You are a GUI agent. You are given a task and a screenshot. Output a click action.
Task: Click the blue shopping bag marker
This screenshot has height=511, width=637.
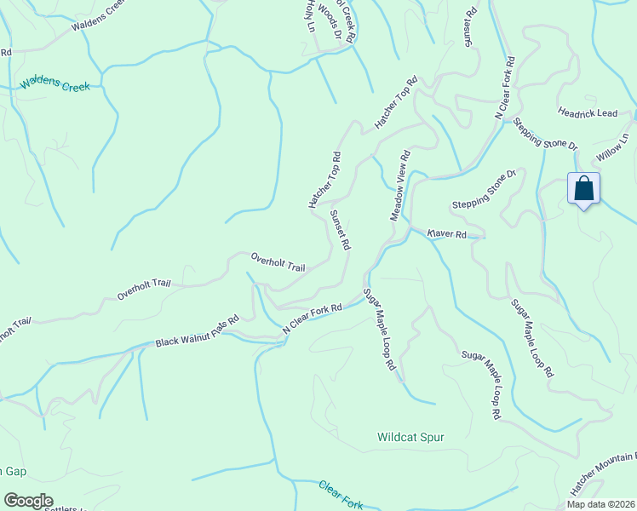coord(584,189)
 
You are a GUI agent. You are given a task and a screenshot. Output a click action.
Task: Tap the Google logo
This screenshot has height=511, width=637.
coord(29,501)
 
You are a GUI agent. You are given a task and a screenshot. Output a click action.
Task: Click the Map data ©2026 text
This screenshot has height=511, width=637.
coord(601,503)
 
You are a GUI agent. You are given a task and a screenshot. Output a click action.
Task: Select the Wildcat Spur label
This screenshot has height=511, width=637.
coord(410,437)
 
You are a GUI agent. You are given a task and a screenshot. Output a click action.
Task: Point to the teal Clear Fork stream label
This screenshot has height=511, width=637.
coord(341,495)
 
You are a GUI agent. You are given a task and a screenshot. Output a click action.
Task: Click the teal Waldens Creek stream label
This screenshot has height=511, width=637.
coord(55,86)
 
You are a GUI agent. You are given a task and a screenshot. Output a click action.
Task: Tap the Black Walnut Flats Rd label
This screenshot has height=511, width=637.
coord(196,336)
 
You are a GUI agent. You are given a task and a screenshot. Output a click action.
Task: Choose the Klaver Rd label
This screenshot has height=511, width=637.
coord(447,233)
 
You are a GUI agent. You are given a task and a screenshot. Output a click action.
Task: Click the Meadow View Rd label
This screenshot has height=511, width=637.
coord(401,187)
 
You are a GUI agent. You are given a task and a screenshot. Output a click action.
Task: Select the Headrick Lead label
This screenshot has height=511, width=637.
coord(588,112)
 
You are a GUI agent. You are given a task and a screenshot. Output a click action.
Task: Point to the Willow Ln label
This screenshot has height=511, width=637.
coord(612,146)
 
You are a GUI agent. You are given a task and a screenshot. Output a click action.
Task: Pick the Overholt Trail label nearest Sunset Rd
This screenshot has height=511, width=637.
coord(278,261)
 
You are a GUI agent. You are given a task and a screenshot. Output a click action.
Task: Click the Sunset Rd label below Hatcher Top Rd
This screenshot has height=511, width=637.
coord(340,229)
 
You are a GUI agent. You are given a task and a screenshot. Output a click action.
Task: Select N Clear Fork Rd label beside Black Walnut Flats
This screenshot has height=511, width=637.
coord(312,318)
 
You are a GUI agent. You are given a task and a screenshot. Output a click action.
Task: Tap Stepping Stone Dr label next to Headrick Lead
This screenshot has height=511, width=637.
coord(546,135)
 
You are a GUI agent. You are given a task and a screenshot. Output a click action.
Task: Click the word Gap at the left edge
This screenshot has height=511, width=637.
coord(12,470)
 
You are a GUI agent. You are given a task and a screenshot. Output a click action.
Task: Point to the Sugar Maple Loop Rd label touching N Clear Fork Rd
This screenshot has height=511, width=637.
coord(380,327)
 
